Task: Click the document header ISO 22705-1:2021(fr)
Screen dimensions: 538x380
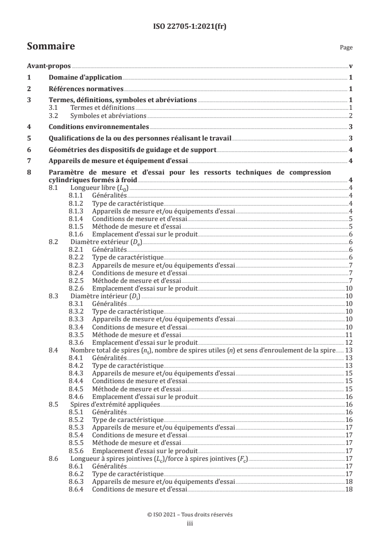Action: [x=190, y=27]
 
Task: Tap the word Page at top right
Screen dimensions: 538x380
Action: [x=346, y=48]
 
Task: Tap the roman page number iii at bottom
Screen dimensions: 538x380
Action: [x=190, y=524]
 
